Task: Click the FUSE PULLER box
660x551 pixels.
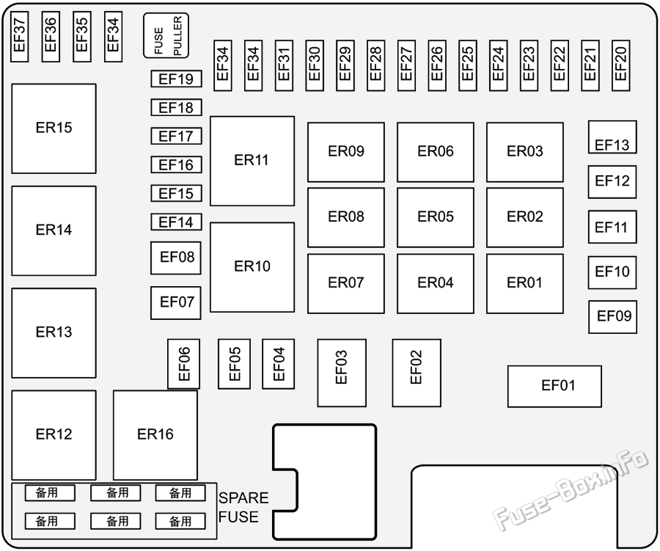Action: point(166,35)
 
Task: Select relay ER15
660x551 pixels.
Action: point(54,128)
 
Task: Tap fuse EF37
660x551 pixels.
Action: point(19,37)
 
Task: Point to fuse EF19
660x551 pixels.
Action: point(176,79)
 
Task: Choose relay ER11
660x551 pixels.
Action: point(252,161)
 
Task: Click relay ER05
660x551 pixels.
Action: point(435,217)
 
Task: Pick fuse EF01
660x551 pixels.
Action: point(554,387)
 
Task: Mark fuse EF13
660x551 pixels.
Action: point(612,137)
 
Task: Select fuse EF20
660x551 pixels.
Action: point(620,65)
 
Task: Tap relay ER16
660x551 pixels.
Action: point(155,435)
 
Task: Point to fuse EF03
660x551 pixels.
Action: point(341,373)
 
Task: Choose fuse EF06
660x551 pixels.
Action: point(184,364)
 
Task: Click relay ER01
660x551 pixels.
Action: point(525,283)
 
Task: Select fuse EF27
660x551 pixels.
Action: point(406,65)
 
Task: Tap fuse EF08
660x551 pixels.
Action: point(176,258)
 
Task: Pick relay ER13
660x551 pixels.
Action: point(54,333)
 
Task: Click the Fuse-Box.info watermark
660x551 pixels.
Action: point(571,491)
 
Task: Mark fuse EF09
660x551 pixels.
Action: point(612,317)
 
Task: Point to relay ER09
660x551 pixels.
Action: point(346,152)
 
